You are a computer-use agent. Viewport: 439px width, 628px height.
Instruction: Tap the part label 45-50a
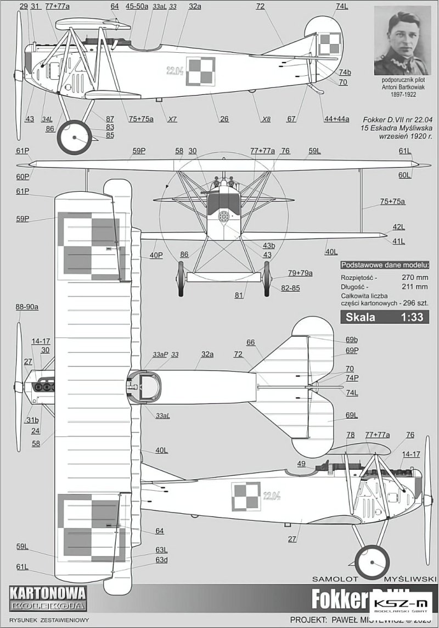(137, 7)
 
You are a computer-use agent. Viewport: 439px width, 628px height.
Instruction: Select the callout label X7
(172, 119)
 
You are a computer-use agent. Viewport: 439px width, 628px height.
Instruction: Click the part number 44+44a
(336, 119)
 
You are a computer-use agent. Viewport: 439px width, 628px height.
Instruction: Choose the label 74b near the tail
(345, 73)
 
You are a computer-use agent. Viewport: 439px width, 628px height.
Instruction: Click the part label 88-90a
(27, 307)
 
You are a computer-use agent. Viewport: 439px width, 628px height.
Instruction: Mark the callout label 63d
(161, 560)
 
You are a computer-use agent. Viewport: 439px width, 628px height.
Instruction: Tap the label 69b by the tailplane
(352, 340)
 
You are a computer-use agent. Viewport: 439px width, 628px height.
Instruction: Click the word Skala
(359, 316)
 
